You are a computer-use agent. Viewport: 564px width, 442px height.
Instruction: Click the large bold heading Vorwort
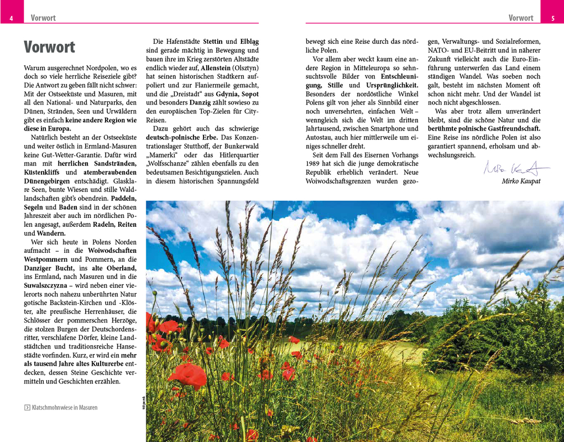tap(49, 47)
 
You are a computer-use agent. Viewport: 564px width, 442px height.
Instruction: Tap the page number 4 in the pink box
tap(11, 18)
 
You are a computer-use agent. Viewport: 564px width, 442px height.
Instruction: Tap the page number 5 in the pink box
tap(553, 18)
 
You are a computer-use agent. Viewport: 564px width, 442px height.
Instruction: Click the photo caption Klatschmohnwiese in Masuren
tap(65, 408)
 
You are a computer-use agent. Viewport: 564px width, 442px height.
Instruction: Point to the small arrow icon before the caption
tap(28, 408)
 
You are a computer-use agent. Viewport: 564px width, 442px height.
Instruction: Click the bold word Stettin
tap(213, 41)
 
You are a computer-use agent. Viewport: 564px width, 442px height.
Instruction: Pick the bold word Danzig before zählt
tap(200, 102)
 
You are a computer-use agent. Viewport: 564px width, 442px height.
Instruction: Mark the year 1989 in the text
tap(314, 164)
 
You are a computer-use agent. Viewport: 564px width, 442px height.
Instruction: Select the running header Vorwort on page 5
tap(521, 18)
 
